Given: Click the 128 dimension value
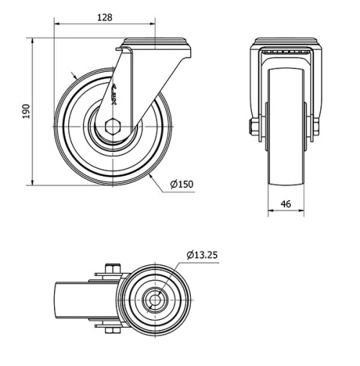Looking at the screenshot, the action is [105, 17].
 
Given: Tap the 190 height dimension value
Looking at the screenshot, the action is [26, 111].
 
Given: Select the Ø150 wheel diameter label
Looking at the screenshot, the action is [181, 184].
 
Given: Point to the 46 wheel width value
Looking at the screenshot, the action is [286, 204].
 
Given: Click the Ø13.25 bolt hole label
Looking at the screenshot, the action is [202, 255].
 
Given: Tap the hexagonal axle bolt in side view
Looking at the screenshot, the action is [113, 127].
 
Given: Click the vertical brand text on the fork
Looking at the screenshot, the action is [114, 94].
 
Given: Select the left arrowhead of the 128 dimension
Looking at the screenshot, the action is [57, 24].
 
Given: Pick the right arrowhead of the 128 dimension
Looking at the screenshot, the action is [153, 24].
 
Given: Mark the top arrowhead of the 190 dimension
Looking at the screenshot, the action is [32, 41].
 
